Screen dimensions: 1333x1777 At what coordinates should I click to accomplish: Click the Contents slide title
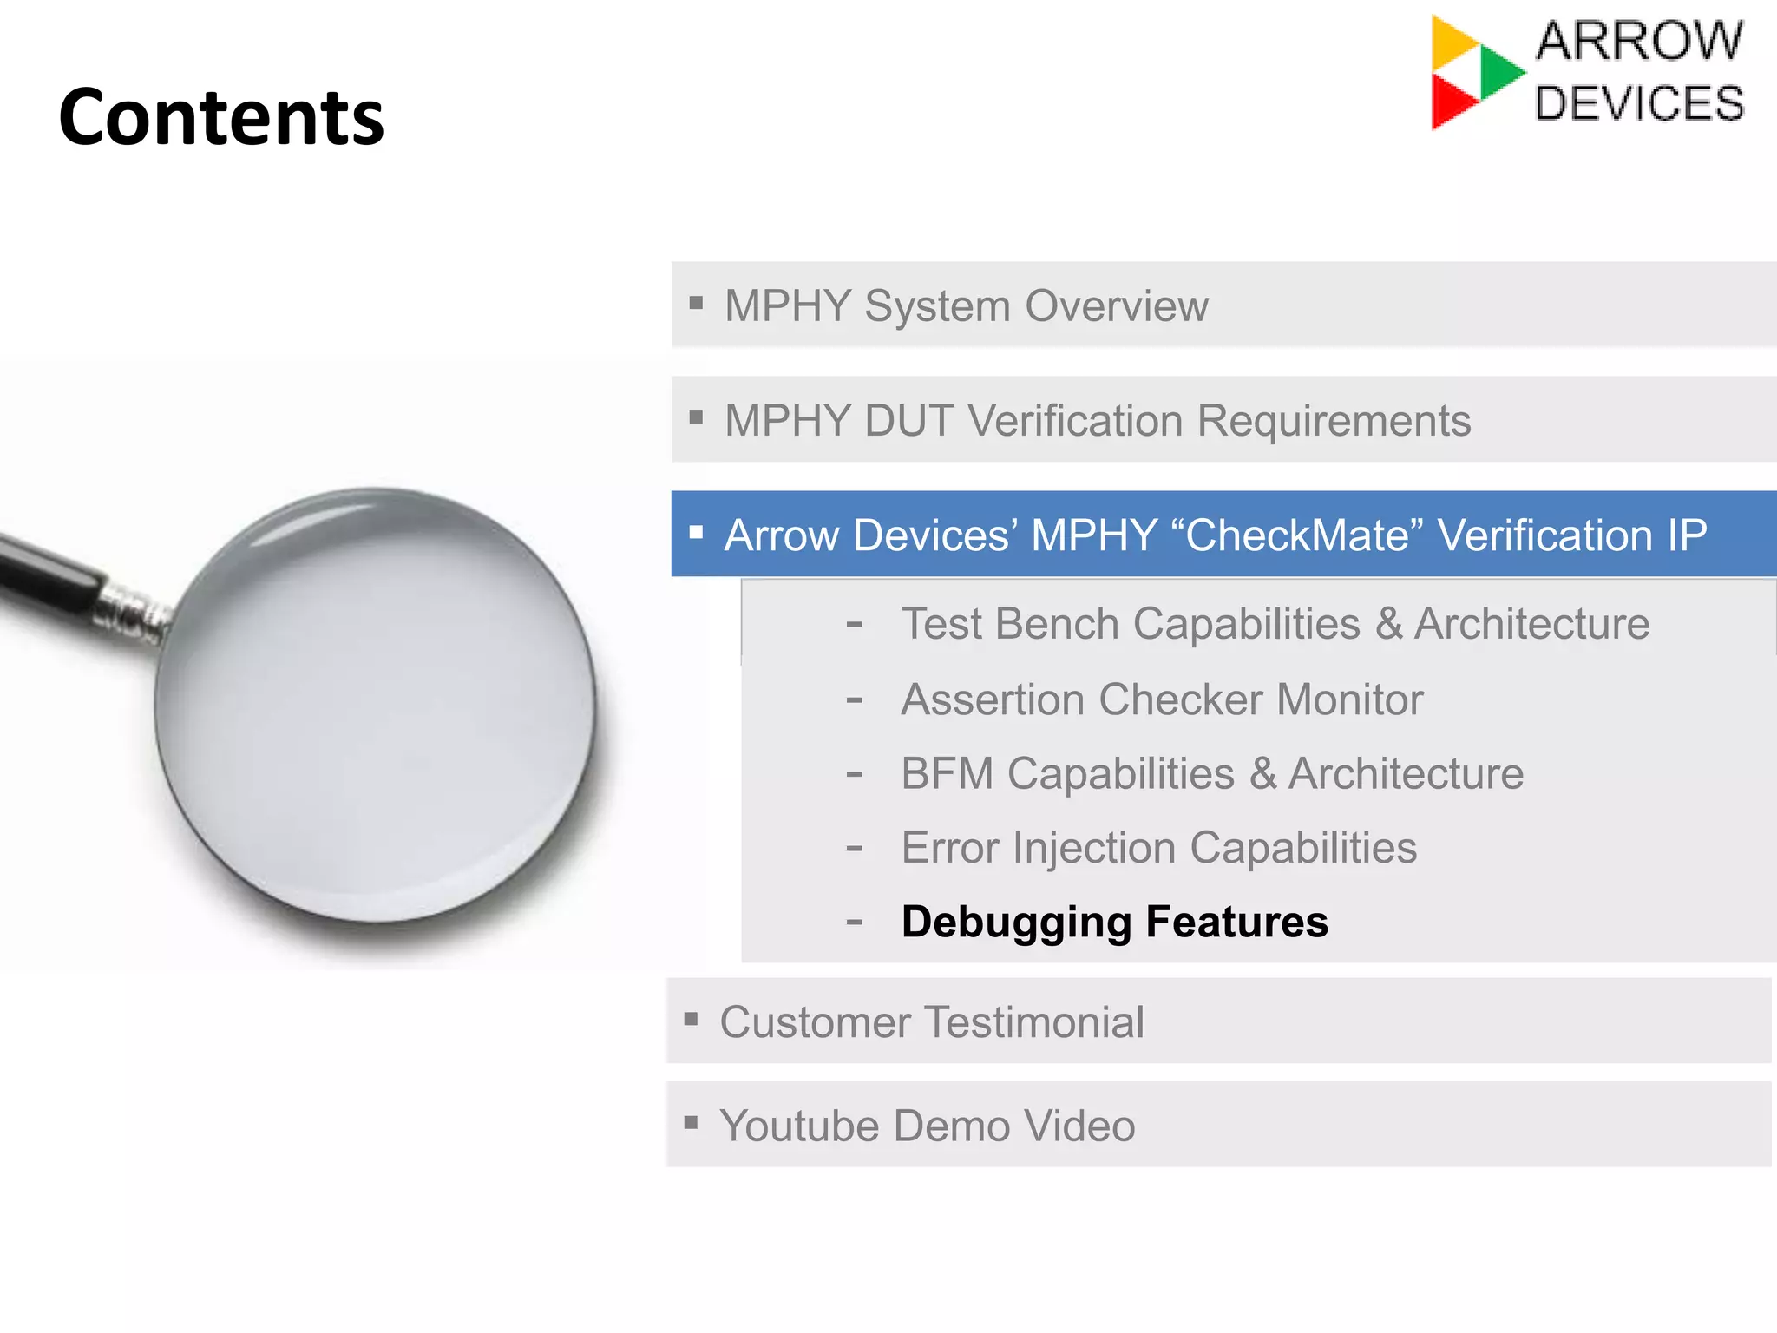click(221, 117)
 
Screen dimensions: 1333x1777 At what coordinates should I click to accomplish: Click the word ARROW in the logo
click(1638, 41)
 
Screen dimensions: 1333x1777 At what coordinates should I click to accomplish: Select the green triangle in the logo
click(1499, 71)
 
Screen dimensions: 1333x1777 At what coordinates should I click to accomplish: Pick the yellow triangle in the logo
click(1451, 43)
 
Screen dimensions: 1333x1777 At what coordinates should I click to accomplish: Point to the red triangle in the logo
click(1451, 101)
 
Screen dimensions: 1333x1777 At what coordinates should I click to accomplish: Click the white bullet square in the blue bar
click(696, 532)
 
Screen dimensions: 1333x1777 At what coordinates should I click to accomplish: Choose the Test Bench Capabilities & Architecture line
click(1275, 624)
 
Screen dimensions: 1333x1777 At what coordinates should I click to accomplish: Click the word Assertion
click(993, 699)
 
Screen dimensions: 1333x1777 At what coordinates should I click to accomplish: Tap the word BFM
click(946, 774)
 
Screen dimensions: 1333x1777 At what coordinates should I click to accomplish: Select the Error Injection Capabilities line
click(1158, 848)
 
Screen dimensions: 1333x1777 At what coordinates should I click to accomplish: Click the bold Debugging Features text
click(1114, 922)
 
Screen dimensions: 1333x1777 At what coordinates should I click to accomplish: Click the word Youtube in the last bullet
click(798, 1126)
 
